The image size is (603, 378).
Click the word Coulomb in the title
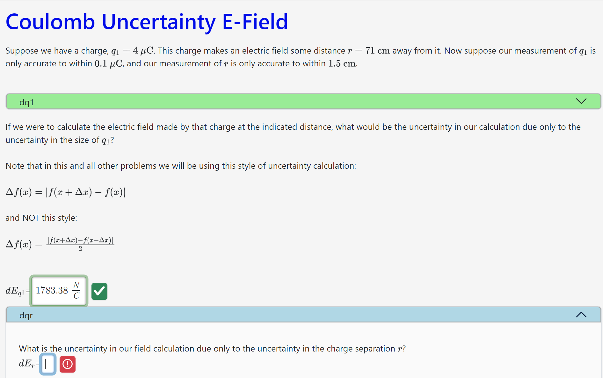[x=50, y=22]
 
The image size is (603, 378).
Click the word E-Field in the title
[x=255, y=22]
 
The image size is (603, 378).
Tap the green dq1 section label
[x=26, y=102]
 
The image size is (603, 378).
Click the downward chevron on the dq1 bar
[x=581, y=101]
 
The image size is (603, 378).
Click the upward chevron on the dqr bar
[x=581, y=315]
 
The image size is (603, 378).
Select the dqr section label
[x=26, y=315]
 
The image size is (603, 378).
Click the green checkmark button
[x=99, y=291]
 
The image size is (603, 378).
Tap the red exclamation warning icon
[x=68, y=364]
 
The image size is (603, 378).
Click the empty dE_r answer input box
[x=48, y=364]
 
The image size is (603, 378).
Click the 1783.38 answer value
[x=52, y=290]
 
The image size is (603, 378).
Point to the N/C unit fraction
[x=76, y=290]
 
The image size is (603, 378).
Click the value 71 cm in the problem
[x=377, y=51]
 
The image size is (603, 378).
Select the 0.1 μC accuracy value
[x=108, y=63]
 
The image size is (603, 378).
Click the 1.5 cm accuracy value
[x=342, y=63]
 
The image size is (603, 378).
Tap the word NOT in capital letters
[x=31, y=218]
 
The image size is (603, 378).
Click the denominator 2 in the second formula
[x=80, y=249]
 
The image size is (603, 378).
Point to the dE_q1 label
[x=15, y=291]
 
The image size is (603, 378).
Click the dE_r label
[x=27, y=364]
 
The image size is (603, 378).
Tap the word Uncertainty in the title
[x=158, y=22]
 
